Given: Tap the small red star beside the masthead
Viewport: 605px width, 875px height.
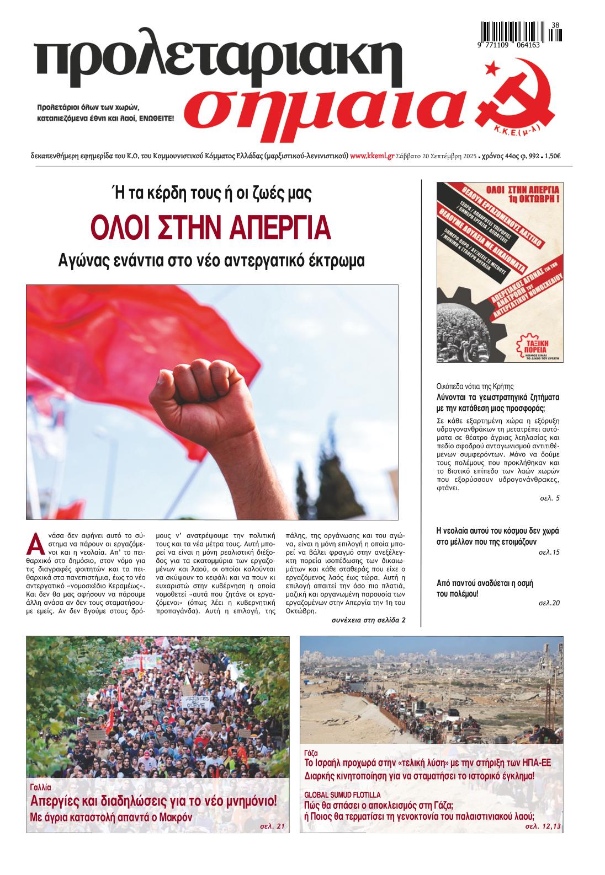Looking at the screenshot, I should (x=489, y=68).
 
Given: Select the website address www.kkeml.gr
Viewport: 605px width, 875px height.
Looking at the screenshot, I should (x=372, y=156).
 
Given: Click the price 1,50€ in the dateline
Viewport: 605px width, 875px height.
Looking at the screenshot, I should (x=552, y=156).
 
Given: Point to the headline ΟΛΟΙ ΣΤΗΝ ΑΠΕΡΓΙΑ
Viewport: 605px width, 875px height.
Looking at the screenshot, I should (x=211, y=227).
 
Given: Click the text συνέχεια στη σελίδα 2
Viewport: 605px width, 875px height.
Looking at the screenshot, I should (x=368, y=620).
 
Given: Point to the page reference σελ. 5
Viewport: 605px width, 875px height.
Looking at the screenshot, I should (x=549, y=498).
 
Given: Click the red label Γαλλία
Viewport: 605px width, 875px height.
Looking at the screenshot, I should (x=40, y=787).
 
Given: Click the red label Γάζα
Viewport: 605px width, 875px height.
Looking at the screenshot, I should (x=311, y=753).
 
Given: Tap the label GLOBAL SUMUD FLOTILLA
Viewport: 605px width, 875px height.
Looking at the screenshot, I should (x=342, y=795).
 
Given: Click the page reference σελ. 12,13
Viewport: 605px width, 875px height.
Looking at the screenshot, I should (x=543, y=827).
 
